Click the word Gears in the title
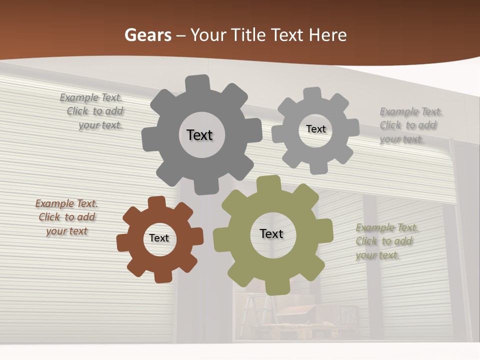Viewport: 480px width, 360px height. pyautogui.click(x=147, y=35)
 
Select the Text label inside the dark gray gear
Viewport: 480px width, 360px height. pyautogui.click(x=199, y=135)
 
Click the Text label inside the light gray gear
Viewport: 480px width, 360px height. pyautogui.click(x=315, y=129)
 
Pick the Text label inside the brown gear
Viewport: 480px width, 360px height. pyautogui.click(x=159, y=238)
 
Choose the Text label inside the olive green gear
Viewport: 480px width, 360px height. pyautogui.click(x=271, y=233)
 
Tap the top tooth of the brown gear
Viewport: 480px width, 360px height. pyautogui.click(x=156, y=202)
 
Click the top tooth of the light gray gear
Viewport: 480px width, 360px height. pyautogui.click(x=312, y=93)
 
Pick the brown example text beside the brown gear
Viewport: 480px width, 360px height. pyautogui.click(x=66, y=217)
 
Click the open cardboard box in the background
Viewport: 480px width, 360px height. pyautogui.click(x=300, y=312)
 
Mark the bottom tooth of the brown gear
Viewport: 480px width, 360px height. pyautogui.click(x=162, y=275)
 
